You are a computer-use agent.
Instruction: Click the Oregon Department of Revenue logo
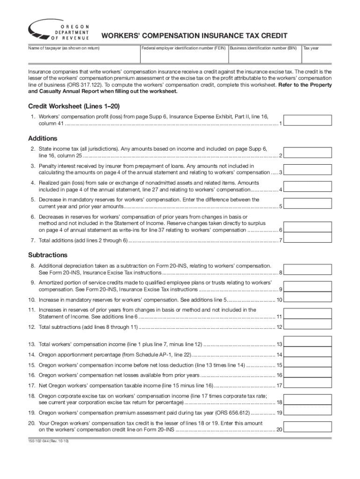click(x=59, y=31)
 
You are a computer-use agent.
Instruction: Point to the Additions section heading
click(x=43, y=138)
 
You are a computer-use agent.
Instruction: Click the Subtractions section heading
click(x=48, y=255)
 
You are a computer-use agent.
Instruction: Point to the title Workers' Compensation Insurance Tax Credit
click(x=194, y=36)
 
